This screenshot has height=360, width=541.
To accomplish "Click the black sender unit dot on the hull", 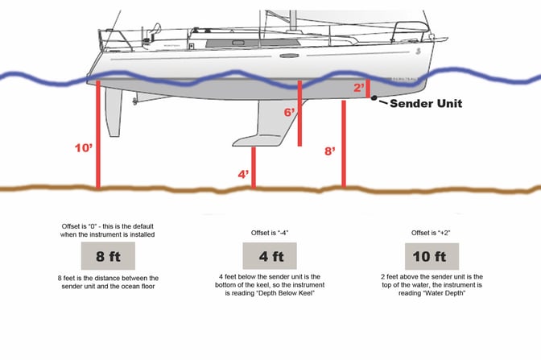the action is point(374,98).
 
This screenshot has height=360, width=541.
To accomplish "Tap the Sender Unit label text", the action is point(426,103).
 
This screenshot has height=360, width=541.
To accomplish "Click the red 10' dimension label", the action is point(84,148).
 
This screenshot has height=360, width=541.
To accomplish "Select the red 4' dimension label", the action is point(243,174).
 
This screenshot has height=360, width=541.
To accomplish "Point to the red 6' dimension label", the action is point(289,112).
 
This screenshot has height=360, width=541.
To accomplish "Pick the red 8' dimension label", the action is point(330,151).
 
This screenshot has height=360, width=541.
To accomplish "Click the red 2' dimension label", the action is point(359,87).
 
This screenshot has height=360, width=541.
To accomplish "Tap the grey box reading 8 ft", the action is point(108,256).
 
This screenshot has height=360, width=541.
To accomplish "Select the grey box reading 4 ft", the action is point(270,256).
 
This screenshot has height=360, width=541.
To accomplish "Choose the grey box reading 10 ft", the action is point(432,256).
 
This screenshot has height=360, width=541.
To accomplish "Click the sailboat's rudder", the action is point(114,112).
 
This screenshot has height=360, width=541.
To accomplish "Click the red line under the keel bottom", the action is point(254,168).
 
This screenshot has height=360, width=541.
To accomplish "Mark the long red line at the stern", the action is point(98,135).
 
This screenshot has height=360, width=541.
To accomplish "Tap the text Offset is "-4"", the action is point(270,233).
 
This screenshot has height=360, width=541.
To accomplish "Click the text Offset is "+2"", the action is point(431,233).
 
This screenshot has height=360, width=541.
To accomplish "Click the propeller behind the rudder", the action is point(135,101).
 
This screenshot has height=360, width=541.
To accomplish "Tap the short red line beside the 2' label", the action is point(368,89).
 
